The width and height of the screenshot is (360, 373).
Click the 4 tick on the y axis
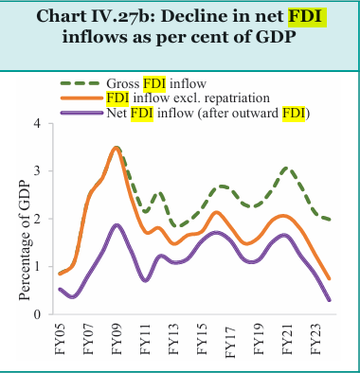38,123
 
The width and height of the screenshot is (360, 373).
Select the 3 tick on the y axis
38,171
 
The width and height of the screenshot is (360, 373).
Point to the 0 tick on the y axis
38,314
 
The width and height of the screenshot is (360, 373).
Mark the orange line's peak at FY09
117,148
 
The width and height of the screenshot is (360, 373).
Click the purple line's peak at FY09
117,225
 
